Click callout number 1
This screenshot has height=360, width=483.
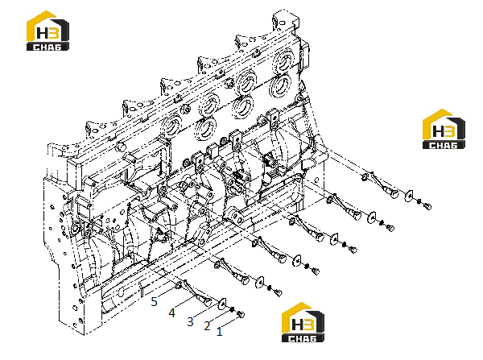(x=219, y=332)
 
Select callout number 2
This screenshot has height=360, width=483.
(x=207, y=326)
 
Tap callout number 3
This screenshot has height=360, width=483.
(x=190, y=322)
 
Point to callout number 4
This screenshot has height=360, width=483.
(x=172, y=313)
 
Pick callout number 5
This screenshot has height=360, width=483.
(x=154, y=302)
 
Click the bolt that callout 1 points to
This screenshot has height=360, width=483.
(x=241, y=314)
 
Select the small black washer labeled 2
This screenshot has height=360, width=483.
(x=233, y=309)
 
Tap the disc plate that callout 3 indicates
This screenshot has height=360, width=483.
(x=222, y=304)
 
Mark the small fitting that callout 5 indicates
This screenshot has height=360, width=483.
(x=179, y=285)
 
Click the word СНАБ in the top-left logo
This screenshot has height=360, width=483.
(x=47, y=47)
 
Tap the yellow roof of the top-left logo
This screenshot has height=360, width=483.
(x=41, y=23)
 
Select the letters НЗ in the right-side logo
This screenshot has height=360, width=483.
(x=443, y=130)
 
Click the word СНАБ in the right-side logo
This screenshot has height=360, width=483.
(x=444, y=145)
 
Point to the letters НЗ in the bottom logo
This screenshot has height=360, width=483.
(x=302, y=325)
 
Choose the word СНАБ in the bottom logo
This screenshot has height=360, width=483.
(x=302, y=338)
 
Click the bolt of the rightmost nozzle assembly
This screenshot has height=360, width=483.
(x=427, y=206)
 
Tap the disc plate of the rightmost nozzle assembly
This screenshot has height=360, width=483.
(x=409, y=196)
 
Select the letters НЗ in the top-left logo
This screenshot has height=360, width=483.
(x=47, y=33)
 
